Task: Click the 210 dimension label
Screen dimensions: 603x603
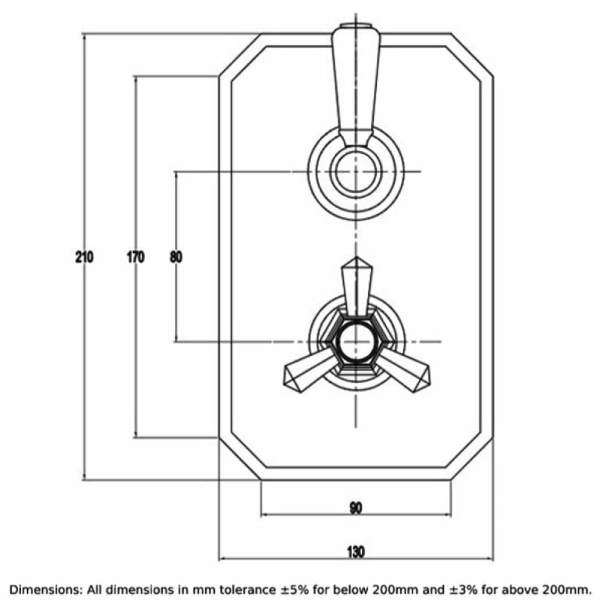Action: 84,257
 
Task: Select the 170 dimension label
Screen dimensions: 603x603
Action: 136,257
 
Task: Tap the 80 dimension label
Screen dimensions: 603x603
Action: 175,257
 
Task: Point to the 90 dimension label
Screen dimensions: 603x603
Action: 356,508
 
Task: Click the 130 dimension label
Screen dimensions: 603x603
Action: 356,552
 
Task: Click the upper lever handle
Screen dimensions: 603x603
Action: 356,84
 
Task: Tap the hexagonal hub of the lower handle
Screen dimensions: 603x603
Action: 356,342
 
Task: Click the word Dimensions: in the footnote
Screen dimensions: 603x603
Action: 46,589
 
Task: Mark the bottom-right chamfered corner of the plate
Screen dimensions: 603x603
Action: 472,459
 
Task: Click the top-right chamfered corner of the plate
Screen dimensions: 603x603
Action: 472,55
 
